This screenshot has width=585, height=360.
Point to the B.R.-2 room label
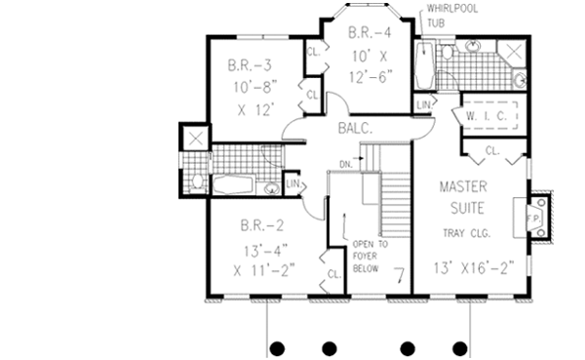(258, 226)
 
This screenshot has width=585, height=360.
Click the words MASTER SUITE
(463, 196)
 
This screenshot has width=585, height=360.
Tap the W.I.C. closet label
(484, 116)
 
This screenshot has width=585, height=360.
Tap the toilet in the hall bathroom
(196, 181)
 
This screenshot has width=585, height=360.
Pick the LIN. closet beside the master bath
(424, 104)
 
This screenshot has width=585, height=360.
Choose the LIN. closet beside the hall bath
(292, 182)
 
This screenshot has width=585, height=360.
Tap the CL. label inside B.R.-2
(332, 273)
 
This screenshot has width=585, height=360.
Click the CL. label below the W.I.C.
(491, 151)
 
